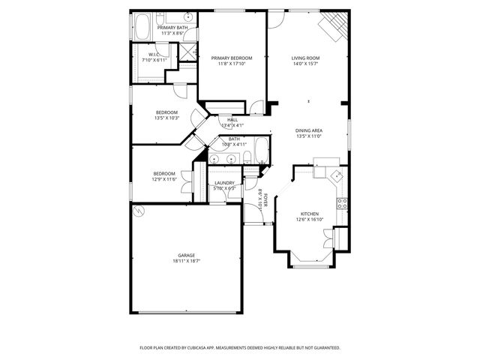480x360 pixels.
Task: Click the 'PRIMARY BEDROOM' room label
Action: [231, 58]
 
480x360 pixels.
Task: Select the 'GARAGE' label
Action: [187, 255]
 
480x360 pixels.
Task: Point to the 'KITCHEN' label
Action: [310, 214]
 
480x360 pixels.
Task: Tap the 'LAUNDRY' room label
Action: [224, 183]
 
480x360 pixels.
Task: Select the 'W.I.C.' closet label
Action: [153, 54]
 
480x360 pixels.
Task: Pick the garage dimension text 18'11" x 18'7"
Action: [187, 261]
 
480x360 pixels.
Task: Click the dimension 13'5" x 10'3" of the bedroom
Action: [166, 118]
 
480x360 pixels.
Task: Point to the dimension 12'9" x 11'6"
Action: [164, 179]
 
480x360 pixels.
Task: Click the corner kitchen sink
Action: [337, 175]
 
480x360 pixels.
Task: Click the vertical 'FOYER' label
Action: [260, 198]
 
